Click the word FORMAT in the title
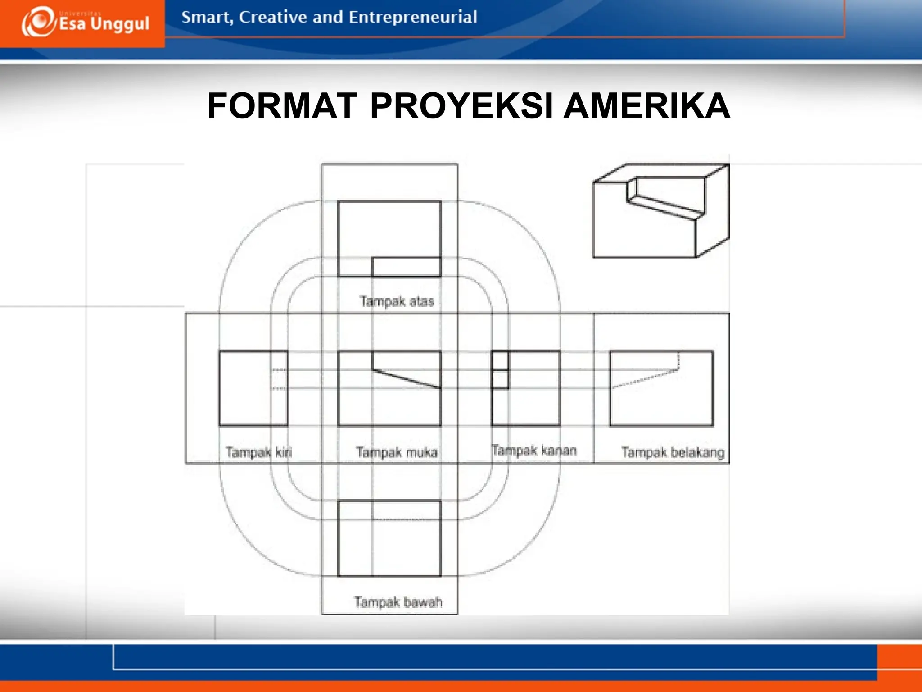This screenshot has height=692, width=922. pos(282,106)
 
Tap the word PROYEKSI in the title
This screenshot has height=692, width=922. pos(461,106)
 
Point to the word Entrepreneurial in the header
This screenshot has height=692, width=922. pos(412,17)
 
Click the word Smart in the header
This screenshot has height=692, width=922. pos(207,17)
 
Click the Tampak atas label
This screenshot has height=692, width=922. pos(397,301)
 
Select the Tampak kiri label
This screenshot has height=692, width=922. pos(259,451)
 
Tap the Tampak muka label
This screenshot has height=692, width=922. pos(397,451)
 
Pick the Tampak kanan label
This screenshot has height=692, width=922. pos(534,450)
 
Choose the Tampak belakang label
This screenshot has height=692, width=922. pos(673,452)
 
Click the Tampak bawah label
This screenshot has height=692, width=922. pos(398,601)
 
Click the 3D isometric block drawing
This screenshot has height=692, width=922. pos(660,211)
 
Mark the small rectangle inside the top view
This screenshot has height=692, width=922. pos(407,267)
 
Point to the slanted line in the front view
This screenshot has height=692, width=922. pos(407,378)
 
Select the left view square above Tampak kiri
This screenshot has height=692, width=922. pos(253,388)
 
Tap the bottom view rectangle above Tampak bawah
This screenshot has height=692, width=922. pos(389,538)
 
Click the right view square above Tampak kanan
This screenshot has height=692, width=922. pos(526,388)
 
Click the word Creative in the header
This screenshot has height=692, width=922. pos(273,17)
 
